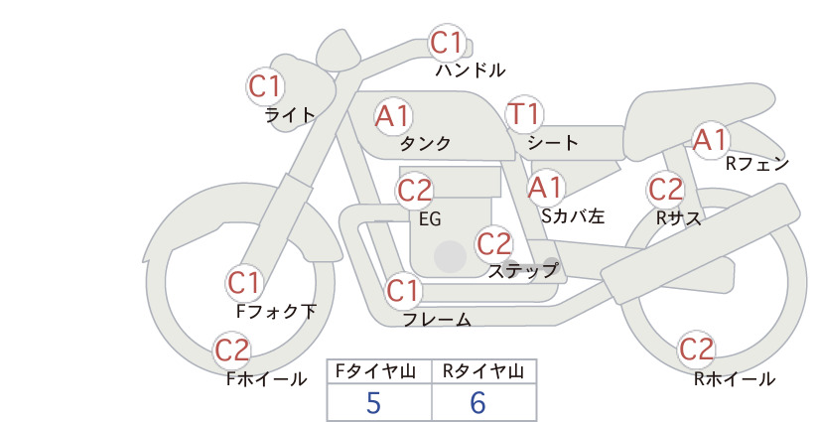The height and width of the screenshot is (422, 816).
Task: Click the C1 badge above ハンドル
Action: pos(447,43)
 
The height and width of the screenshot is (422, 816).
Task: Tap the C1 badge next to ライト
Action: pos(265,86)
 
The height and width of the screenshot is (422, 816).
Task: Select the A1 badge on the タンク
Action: pos(393,116)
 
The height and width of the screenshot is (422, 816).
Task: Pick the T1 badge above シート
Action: pos(524,114)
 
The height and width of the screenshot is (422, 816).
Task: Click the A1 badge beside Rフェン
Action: pos(711,139)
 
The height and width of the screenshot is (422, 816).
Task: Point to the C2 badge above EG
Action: pos(414,191)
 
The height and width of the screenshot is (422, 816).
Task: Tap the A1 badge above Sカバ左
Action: pos(545,188)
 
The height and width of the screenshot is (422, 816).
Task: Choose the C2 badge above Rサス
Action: pos(665,190)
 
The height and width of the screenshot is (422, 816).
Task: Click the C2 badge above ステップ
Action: pos(493,243)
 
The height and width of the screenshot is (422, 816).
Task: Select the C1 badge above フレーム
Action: pos(403,290)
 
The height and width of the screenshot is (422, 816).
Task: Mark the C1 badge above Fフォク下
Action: pos(244,283)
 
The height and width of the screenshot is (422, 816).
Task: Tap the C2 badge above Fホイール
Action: pos(232,351)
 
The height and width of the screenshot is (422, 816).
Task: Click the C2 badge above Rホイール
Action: pos(696,349)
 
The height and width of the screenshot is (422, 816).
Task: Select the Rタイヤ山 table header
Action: pos(484,371)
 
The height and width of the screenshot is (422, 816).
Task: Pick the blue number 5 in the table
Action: pos(373,403)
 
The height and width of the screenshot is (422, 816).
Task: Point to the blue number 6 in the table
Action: pos(477,403)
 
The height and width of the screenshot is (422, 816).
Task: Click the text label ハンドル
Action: pos(471,70)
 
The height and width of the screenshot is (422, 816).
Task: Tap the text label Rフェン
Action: pos(757,164)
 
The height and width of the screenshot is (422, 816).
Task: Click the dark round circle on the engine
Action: pos(450,256)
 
